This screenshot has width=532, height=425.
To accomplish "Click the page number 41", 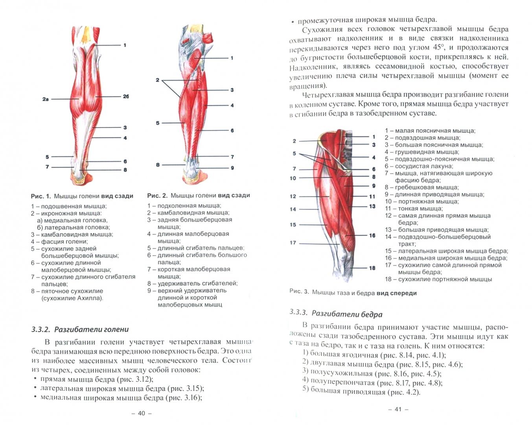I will click(398, 409).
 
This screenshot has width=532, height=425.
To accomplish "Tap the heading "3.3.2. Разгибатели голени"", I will click(80, 329).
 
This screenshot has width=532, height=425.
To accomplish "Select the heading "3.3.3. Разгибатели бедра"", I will click(336, 314).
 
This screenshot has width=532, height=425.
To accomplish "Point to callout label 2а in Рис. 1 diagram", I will click(45, 99).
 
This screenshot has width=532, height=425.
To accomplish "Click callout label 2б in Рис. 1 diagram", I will click(126, 96).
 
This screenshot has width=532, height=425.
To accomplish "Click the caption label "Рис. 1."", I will click(41, 196).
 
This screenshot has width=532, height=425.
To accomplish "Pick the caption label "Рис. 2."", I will click(157, 195).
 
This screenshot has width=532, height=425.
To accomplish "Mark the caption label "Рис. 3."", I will click(299, 292).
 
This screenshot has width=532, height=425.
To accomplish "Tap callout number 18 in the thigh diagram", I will click(372, 268).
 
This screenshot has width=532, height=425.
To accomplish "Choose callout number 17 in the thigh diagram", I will click(293, 242).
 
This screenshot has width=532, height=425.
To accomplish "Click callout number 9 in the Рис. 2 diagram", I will click(232, 168).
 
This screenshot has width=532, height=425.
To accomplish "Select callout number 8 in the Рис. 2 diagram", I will click(158, 165).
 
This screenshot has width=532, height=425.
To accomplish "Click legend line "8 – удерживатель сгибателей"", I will click(192, 283).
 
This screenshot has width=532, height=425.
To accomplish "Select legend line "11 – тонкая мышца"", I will click(414, 209).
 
